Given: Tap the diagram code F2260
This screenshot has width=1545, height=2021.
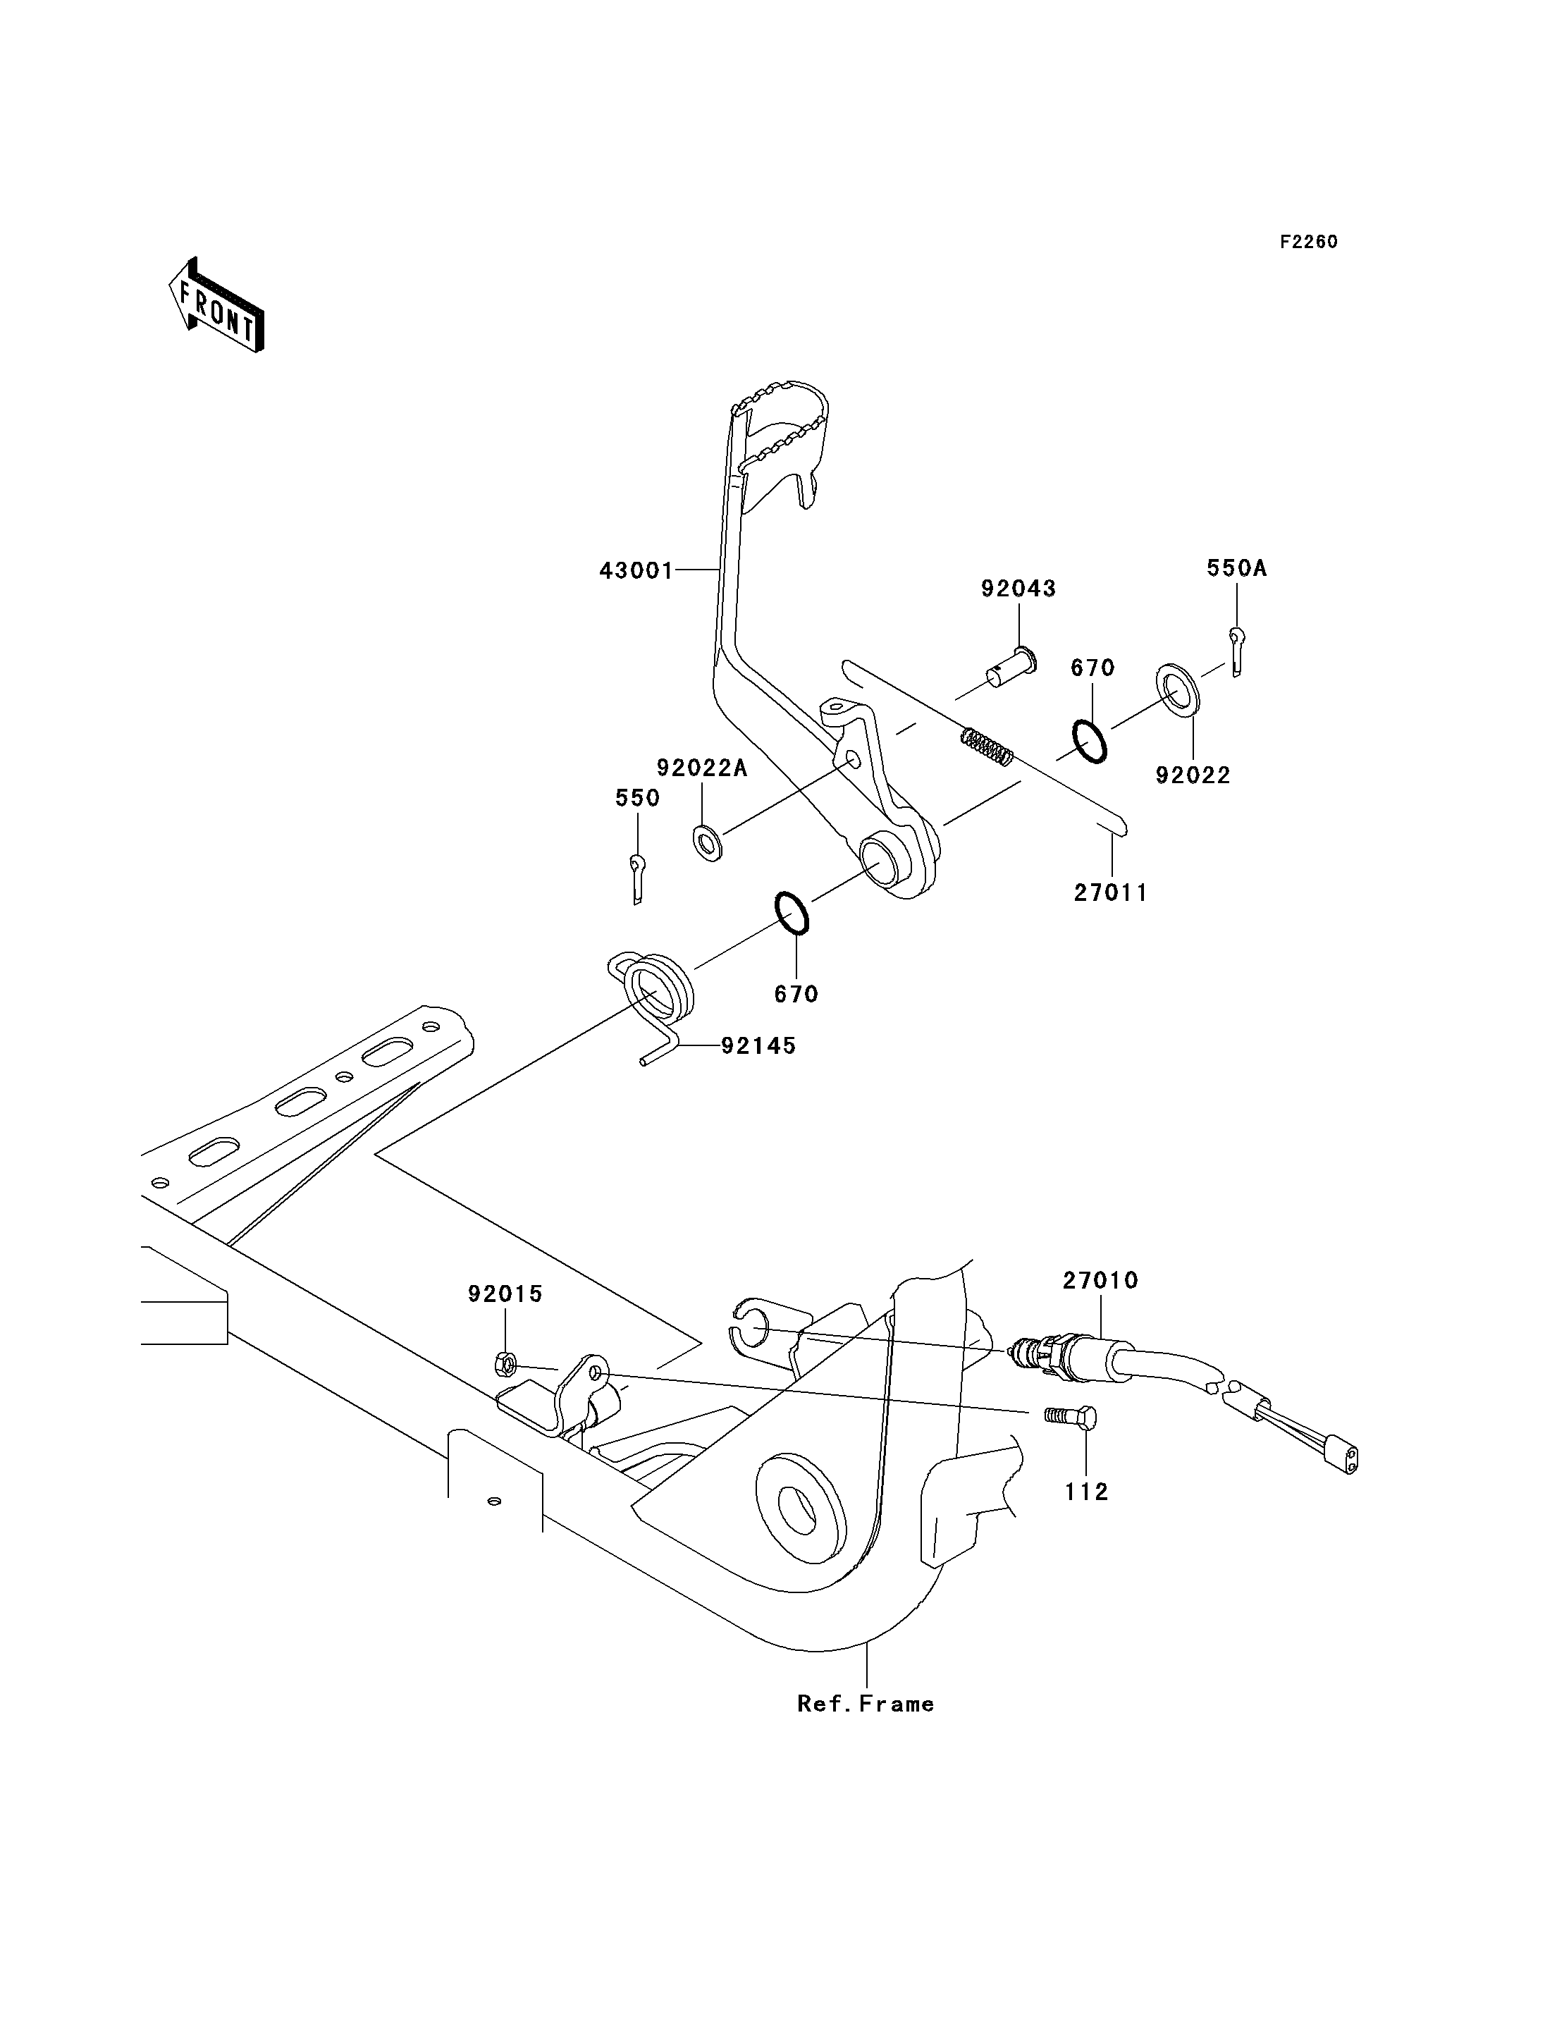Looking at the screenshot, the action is [x=1309, y=242].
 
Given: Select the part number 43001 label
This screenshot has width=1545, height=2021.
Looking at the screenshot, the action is [x=636, y=571].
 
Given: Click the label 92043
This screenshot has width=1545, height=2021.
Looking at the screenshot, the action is [x=1018, y=589].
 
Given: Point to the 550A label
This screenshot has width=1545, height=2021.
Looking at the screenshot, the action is [x=1237, y=568].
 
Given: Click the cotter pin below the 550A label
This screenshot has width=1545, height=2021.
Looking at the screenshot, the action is [x=1237, y=651].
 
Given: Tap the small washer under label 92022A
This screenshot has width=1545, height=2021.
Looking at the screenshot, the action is [x=706, y=842].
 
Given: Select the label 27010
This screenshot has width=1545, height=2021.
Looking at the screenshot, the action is [x=1101, y=1281].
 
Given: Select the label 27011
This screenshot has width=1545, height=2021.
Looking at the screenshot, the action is [x=1111, y=893].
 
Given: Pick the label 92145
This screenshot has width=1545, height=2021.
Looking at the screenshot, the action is [x=758, y=1046].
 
